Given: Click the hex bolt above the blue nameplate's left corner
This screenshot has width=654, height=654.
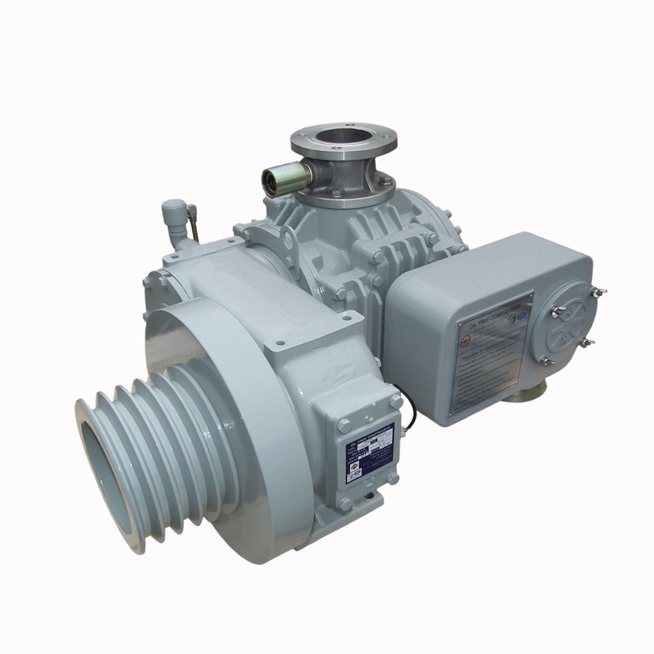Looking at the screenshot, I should (x=344, y=423).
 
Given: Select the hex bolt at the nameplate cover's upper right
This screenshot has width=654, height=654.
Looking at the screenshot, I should (x=396, y=401).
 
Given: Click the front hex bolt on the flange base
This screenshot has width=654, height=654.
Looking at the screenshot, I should (x=335, y=193).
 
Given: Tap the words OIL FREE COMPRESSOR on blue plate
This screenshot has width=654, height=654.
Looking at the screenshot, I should (x=370, y=431).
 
